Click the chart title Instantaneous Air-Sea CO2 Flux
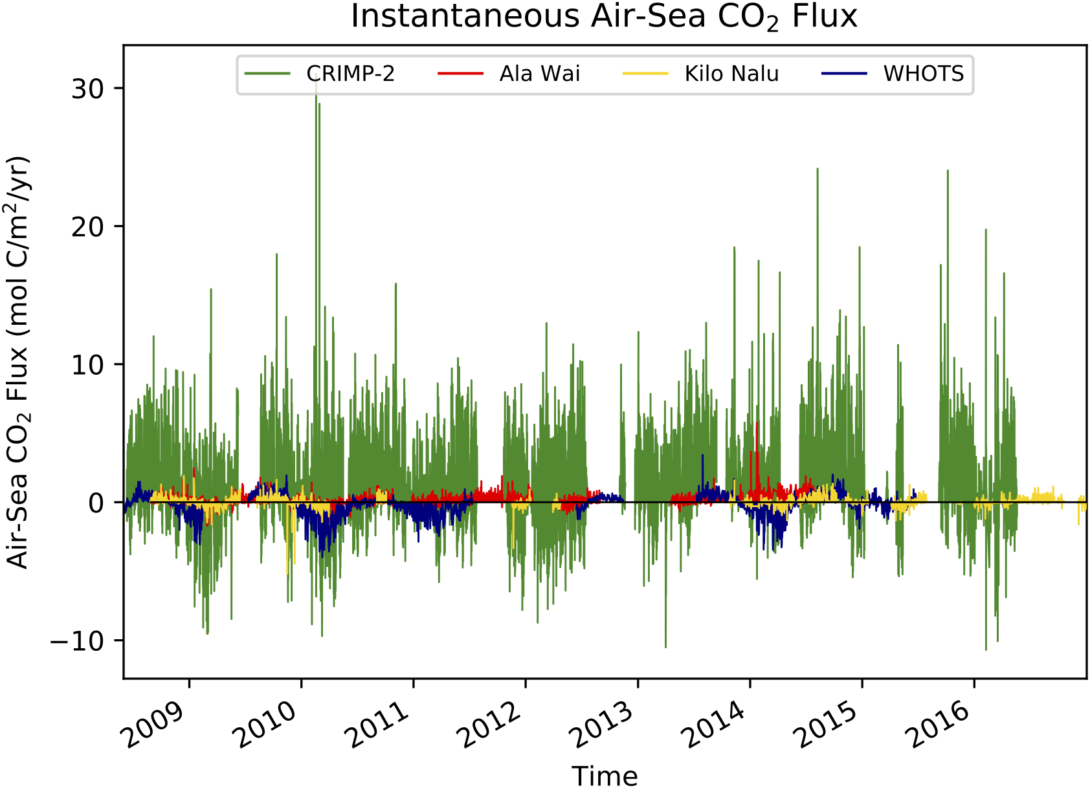(603, 17)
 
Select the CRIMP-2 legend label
(350, 74)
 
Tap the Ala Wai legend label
(539, 74)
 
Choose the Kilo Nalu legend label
(731, 74)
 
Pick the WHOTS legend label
(923, 74)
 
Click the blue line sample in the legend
(844, 74)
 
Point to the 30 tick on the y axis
(88, 89)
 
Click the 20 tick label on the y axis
(88, 226)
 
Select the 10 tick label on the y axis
(88, 364)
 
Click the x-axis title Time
(604, 775)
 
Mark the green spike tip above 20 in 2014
(818, 170)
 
